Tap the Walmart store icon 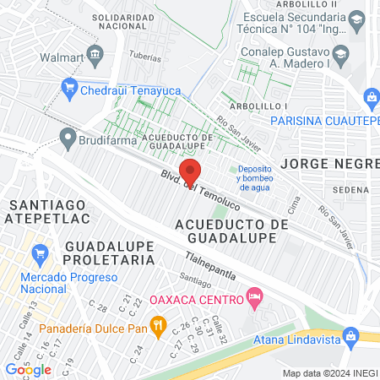point(95,57)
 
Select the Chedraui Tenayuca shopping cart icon point(70,86)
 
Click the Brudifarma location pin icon point(67,134)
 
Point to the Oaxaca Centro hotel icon point(253,297)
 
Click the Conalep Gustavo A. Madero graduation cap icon point(341,56)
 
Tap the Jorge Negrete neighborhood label point(329,162)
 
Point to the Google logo point(28,369)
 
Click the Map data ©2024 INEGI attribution point(328,372)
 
